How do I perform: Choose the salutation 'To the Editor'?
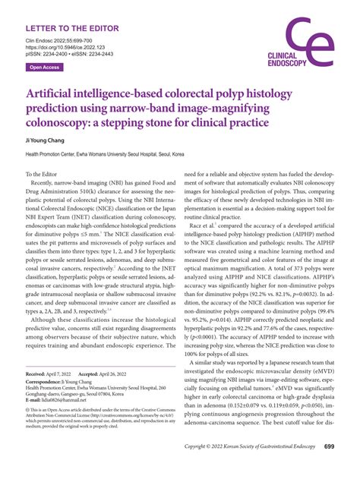pos(48,175)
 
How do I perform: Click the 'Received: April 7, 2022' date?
pos(50,376)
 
